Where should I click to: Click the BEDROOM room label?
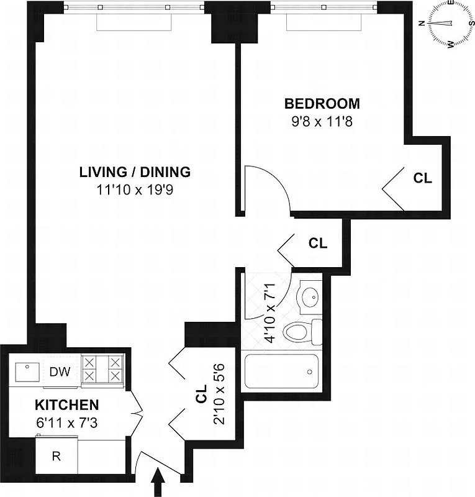(322, 104)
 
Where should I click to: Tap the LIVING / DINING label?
(135, 172)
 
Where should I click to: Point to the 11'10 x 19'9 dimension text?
(135, 189)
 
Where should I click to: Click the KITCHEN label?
(66, 405)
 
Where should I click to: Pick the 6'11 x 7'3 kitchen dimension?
(66, 422)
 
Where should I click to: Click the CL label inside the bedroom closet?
(423, 178)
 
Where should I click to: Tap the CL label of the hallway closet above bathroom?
(318, 244)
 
